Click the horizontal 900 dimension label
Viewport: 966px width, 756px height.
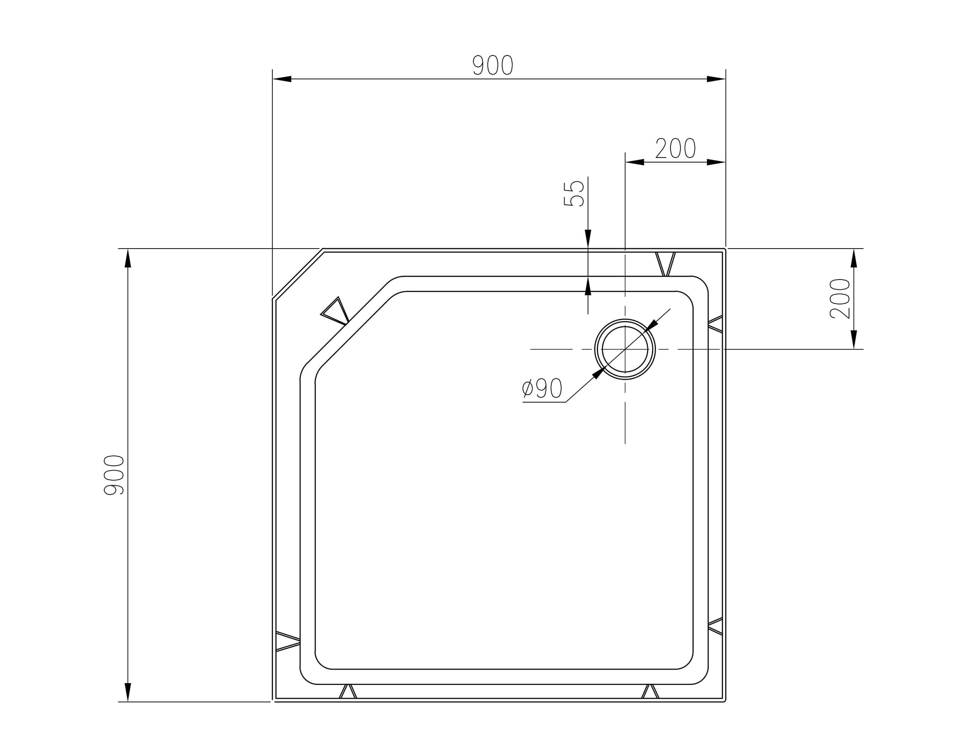tap(492, 65)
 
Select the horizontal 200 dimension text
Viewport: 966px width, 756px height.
tap(675, 148)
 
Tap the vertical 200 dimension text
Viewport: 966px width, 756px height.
tap(839, 298)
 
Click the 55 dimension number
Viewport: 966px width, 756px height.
tap(574, 193)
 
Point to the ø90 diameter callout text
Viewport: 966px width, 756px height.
tap(542, 389)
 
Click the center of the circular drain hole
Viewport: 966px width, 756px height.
tap(624, 349)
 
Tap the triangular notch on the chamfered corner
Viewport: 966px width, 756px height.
tap(335, 310)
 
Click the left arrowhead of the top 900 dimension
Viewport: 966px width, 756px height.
tap(282, 79)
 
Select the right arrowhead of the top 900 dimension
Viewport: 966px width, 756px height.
tap(716, 79)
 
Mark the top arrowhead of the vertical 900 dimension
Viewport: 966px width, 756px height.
tap(128, 259)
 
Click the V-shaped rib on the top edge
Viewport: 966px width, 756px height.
tap(666, 264)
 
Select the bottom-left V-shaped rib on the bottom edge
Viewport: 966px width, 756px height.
tap(348, 691)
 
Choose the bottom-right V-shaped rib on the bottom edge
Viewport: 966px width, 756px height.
tap(650, 691)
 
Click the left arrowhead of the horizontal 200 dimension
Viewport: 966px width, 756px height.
tap(635, 162)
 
